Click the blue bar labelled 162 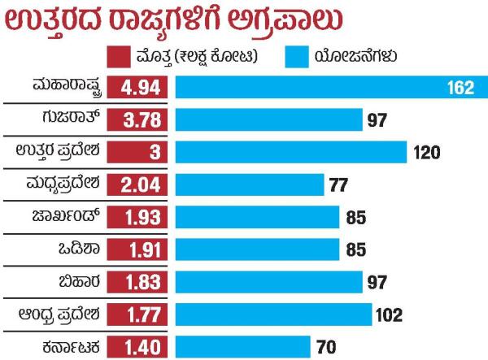325,87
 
